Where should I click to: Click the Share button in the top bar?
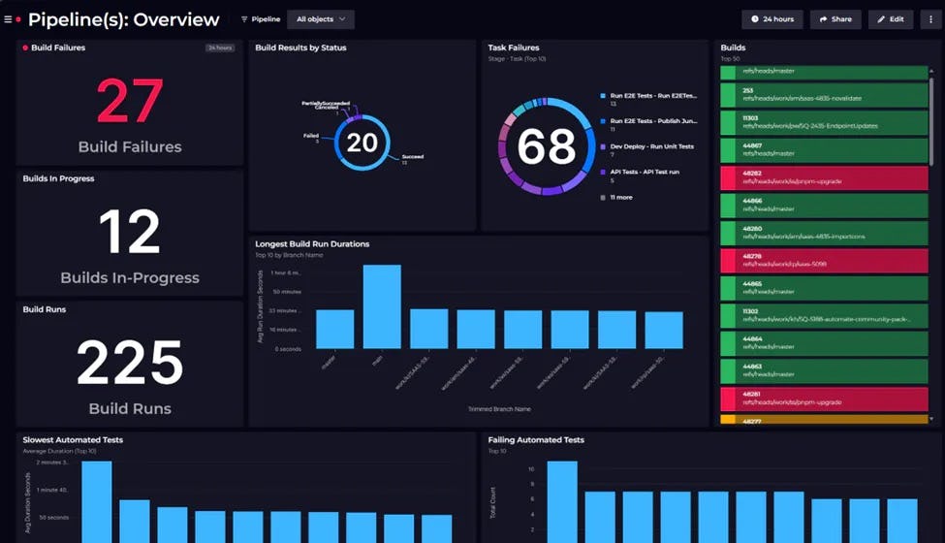835,18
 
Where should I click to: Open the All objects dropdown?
320,18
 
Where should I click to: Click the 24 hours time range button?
772,18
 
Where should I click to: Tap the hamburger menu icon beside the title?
8,18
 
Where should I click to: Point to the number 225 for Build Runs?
129,364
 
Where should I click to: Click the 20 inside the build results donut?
362,143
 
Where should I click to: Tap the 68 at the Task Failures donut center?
546,146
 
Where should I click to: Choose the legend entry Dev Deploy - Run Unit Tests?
651,146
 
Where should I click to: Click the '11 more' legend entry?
621,197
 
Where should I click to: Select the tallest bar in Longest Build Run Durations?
382,306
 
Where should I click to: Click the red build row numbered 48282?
824,178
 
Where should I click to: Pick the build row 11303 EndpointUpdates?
824,122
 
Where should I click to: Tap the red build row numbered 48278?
824,261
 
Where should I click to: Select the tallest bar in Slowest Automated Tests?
96,501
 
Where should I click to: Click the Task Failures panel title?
514,48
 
